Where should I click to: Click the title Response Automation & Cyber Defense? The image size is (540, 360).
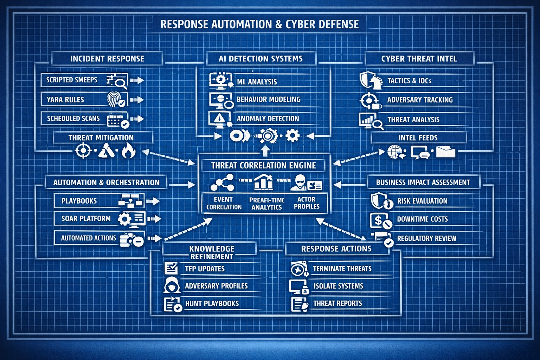click(x=259, y=24)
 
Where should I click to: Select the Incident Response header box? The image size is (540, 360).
click(x=107, y=59)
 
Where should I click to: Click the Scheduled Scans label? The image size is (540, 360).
click(x=73, y=119)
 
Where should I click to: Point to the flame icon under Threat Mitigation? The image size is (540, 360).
click(x=128, y=152)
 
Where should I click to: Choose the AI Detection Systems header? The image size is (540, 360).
click(x=261, y=59)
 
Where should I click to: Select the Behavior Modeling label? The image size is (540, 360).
click(x=269, y=99)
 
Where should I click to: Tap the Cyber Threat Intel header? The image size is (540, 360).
click(x=419, y=59)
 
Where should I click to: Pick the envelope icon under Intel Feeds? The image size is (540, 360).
click(x=445, y=152)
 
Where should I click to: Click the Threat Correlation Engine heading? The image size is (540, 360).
click(x=263, y=166)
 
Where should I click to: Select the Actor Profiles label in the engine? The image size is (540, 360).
click(x=307, y=203)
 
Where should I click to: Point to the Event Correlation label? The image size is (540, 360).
click(x=224, y=203)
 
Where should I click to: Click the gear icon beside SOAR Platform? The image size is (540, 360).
click(x=125, y=219)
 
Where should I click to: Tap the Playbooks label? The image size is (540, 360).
click(x=79, y=201)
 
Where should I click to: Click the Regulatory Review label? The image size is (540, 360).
click(x=426, y=239)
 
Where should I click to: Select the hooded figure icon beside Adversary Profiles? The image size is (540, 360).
click(x=172, y=285)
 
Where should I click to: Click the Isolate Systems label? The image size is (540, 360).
click(x=338, y=286)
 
